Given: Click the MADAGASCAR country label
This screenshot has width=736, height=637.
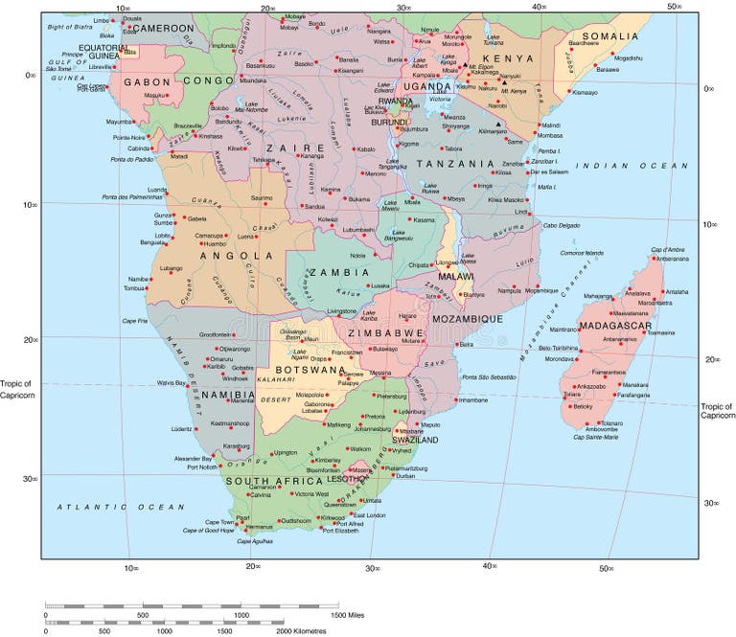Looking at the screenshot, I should coord(617,325).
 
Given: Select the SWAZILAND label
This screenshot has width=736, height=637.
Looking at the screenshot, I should coord(415,440).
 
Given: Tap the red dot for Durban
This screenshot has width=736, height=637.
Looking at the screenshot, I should coord(393,475).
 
